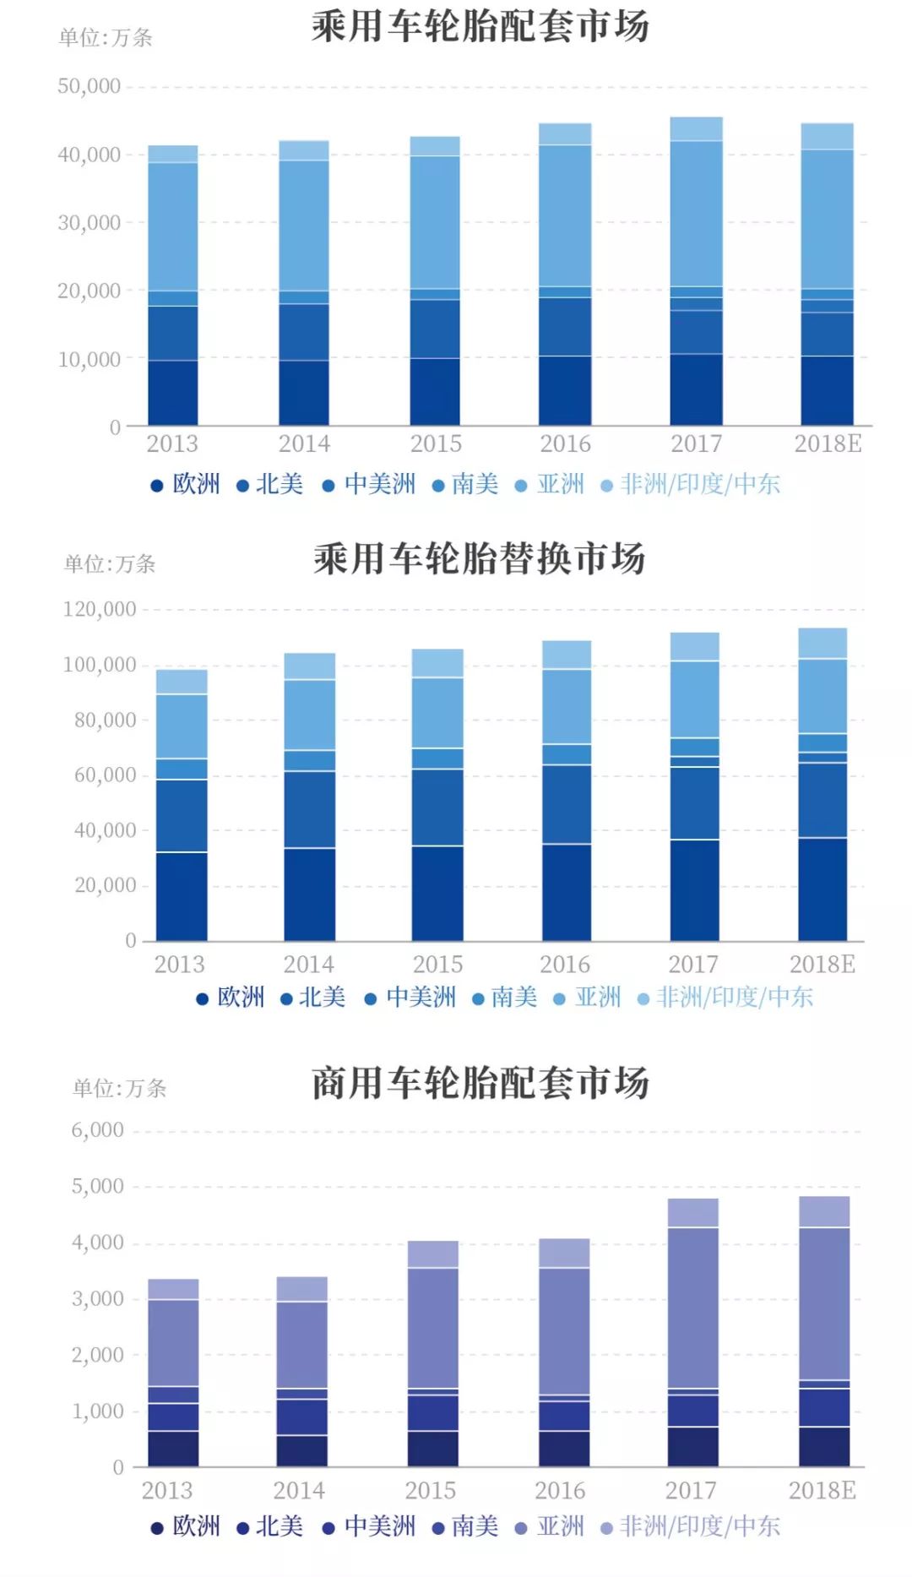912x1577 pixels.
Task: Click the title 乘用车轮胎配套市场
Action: [480, 26]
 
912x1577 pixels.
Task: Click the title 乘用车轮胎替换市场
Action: [480, 558]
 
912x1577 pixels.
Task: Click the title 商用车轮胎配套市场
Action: [480, 1083]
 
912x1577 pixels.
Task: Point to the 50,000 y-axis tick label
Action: [89, 86]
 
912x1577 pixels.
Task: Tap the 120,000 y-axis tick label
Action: [100, 609]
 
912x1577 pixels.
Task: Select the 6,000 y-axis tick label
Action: [97, 1130]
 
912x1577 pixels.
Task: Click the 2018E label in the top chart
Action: [828, 443]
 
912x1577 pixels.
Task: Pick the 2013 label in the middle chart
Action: [179, 965]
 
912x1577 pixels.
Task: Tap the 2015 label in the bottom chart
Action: [430, 1490]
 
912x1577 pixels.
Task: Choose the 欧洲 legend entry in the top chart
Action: [186, 484]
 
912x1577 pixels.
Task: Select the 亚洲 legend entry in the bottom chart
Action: [550, 1526]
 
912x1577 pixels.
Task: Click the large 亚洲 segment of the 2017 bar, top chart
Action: [696, 213]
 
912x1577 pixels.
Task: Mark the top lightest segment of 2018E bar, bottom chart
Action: [824, 1211]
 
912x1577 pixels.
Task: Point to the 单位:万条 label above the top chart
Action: [106, 37]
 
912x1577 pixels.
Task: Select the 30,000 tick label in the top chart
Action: [89, 223]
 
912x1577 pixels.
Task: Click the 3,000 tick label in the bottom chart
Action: [97, 1299]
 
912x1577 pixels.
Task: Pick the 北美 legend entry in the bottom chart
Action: [269, 1526]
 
